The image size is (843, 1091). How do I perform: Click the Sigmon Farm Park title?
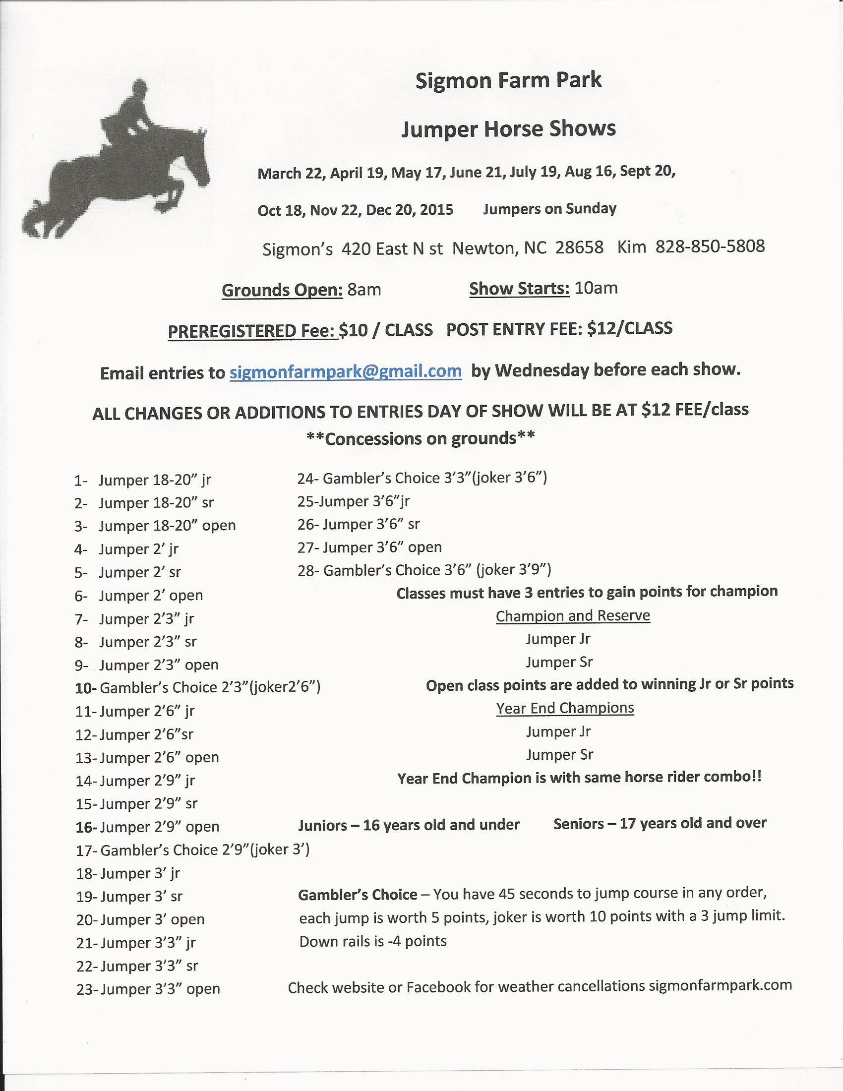(x=508, y=80)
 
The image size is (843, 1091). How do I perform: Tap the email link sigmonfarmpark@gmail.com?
(x=346, y=371)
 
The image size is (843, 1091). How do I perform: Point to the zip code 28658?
(x=579, y=248)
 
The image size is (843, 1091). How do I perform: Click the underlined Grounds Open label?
(x=282, y=290)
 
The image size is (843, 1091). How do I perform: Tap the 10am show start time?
(x=596, y=288)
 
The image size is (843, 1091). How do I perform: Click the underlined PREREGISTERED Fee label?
(x=253, y=331)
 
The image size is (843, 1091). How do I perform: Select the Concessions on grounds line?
(x=421, y=438)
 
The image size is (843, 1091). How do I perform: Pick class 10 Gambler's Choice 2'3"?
(x=198, y=688)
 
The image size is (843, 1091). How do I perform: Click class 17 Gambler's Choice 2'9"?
(x=193, y=850)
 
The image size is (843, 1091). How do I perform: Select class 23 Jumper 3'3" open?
(x=148, y=990)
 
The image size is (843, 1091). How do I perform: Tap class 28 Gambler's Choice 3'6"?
(x=424, y=570)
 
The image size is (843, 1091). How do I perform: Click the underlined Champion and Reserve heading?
(x=573, y=616)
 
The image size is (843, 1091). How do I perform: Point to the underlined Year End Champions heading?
(x=565, y=708)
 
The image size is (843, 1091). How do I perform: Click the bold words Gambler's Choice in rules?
(x=358, y=895)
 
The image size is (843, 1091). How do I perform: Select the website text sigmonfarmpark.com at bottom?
(x=720, y=985)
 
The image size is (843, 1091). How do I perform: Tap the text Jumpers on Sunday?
(x=549, y=209)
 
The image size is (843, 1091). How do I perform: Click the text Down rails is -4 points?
(x=372, y=942)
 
